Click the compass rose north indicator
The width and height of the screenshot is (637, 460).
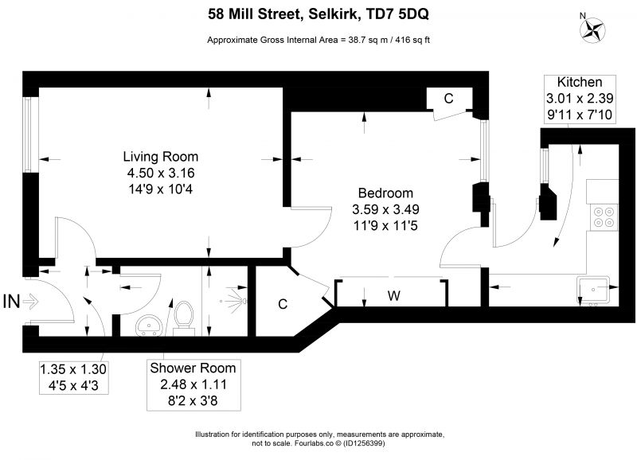(x=592, y=29)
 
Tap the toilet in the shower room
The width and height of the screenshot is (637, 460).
(x=184, y=318)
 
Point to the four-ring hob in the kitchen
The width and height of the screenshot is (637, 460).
(x=604, y=217)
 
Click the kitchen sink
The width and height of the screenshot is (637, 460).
(x=593, y=290)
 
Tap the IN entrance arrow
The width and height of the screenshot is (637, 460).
(x=30, y=302)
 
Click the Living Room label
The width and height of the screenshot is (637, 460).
(x=161, y=156)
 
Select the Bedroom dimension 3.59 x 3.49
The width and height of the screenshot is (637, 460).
(x=385, y=209)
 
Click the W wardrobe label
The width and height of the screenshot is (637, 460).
(x=393, y=295)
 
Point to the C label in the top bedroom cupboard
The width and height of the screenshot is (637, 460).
(x=448, y=98)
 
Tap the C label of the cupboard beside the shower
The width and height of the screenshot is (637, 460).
(x=283, y=304)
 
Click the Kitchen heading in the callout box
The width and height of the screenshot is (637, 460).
(x=580, y=82)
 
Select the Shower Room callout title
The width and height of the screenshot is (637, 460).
(x=193, y=368)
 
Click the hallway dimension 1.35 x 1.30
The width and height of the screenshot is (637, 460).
(x=73, y=369)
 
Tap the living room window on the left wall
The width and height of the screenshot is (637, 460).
(x=27, y=134)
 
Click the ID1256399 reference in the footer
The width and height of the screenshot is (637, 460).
(x=365, y=443)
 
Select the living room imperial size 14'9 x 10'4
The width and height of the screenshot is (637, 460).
(x=161, y=189)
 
